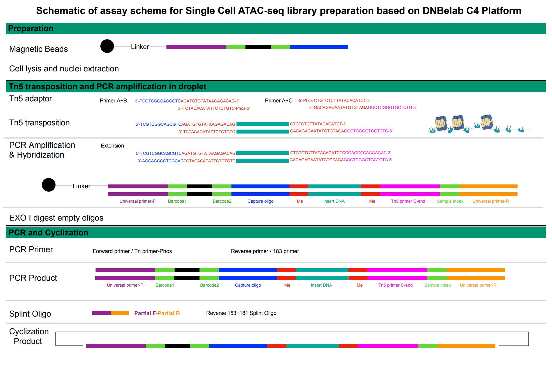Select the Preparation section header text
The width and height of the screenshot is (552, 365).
31,28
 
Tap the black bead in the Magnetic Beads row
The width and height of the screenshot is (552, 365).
107,46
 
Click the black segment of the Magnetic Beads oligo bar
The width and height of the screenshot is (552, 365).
258,47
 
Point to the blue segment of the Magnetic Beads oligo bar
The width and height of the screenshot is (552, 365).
319,47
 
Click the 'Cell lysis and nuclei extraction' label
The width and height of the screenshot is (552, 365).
64,69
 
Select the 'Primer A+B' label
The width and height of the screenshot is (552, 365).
113,100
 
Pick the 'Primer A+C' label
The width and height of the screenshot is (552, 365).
279,100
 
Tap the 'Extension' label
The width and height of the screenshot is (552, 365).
112,146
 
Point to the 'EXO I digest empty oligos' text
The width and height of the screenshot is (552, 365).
56,218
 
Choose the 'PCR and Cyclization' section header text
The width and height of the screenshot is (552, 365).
48,233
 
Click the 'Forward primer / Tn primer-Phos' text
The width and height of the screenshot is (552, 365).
132,251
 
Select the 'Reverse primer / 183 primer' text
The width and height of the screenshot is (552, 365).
265,251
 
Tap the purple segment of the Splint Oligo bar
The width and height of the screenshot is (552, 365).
101,313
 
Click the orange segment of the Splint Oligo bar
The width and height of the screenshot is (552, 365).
120,313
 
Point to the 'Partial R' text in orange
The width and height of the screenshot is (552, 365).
169,313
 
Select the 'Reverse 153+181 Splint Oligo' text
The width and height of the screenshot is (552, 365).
241,313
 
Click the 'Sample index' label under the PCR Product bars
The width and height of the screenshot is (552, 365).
437,285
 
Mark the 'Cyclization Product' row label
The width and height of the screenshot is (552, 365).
29,336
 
